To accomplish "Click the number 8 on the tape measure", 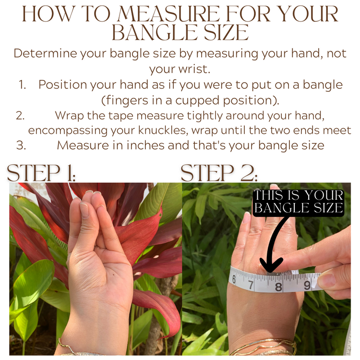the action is pyautogui.click(x=278, y=287).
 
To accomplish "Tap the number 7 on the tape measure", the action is pyautogui.click(x=251, y=285).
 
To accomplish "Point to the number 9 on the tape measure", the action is pyautogui.click(x=307, y=286).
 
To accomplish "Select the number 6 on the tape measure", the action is pyautogui.click(x=234, y=280).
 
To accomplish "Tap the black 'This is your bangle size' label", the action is pyautogui.click(x=299, y=202).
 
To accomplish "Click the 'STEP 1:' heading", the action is pyautogui.click(x=41, y=173).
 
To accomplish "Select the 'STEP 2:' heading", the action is pyautogui.click(x=219, y=173).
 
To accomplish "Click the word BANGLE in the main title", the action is pyautogui.click(x=154, y=32).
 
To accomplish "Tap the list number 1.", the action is pyautogui.click(x=22, y=84).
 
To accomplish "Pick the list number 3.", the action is pyautogui.click(x=21, y=145).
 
